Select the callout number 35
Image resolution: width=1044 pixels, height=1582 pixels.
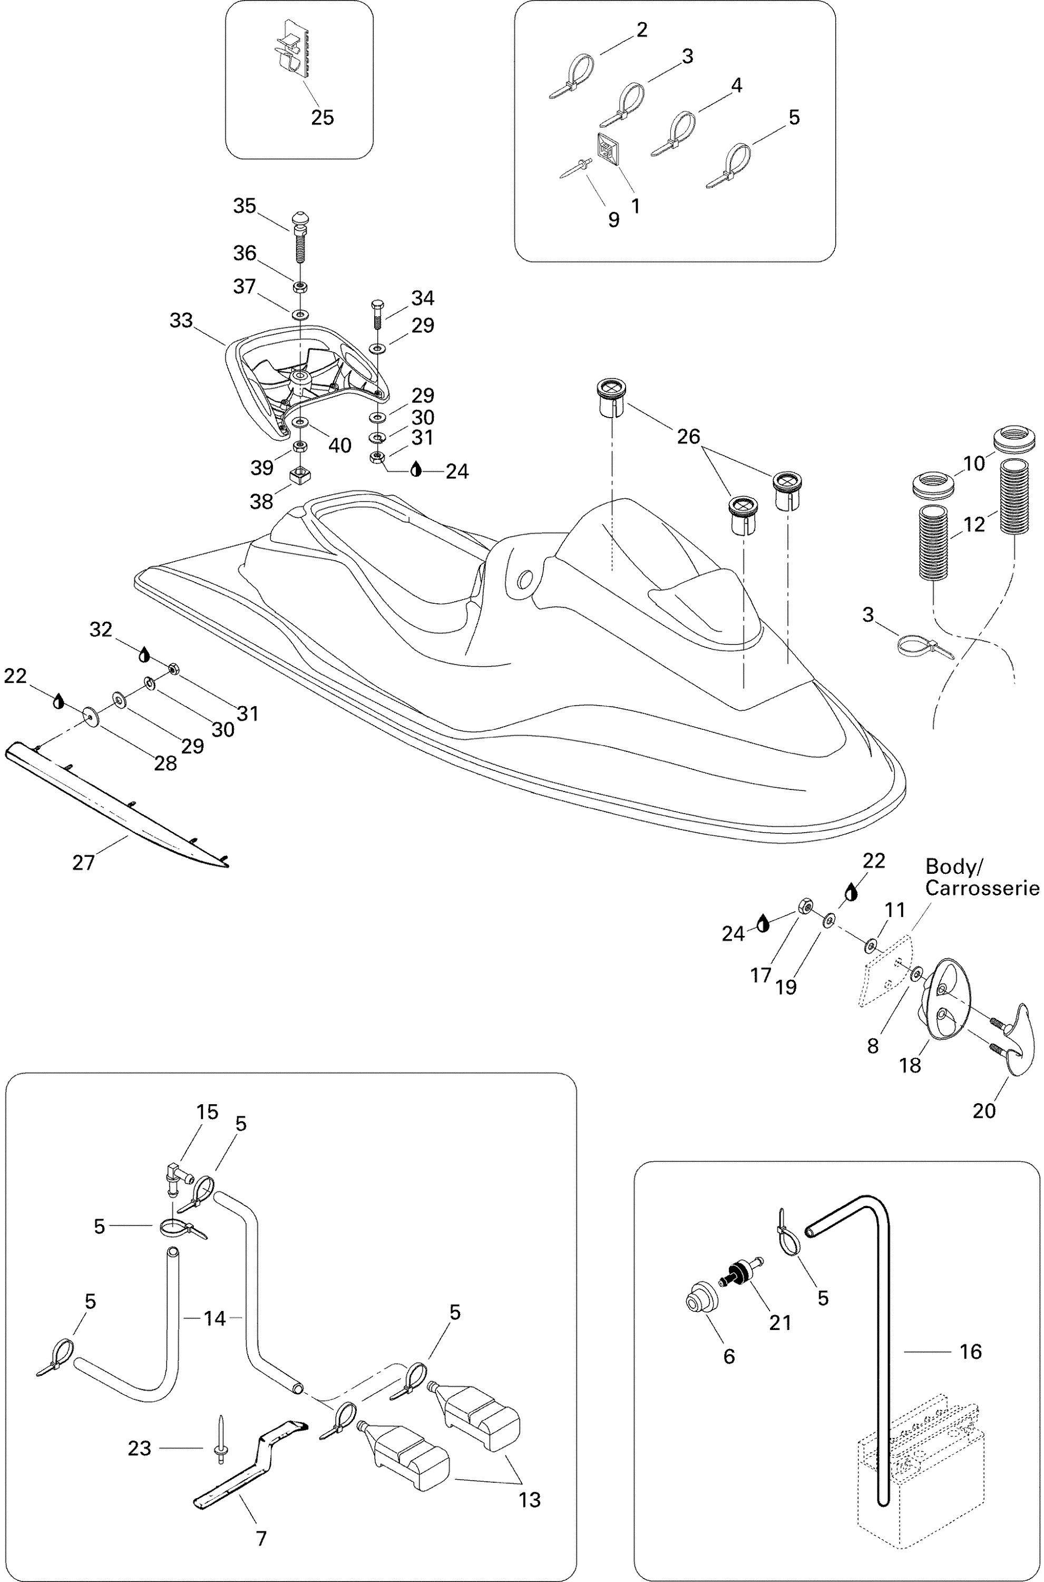[x=245, y=207]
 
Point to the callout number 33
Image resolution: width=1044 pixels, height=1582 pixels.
[x=181, y=321]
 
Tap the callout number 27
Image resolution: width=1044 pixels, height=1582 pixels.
[x=84, y=863]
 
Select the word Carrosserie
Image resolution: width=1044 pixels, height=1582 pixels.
[x=982, y=888]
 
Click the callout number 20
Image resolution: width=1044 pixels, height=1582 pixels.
[x=984, y=1111]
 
